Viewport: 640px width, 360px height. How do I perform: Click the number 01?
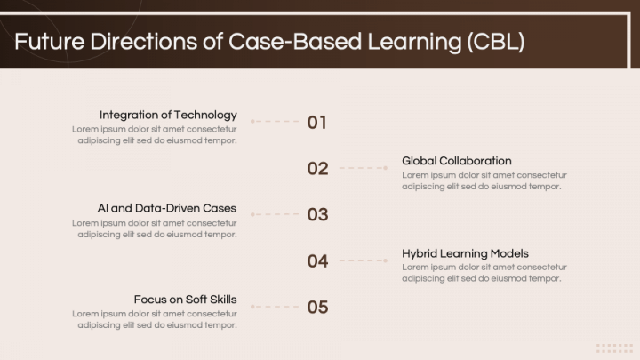pos(317,122)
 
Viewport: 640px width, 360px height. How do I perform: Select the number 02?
pos(317,168)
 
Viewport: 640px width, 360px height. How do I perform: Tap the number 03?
pos(317,214)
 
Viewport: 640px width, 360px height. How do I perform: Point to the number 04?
pos(317,260)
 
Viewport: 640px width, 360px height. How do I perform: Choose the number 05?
pos(317,307)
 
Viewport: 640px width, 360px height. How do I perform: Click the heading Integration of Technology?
pos(168,115)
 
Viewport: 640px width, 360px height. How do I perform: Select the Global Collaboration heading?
pos(456,161)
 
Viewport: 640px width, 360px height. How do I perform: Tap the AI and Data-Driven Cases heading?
pos(167,208)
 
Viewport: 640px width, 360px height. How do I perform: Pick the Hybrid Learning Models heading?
pos(465,253)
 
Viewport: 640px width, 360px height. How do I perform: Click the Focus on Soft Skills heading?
pos(185,300)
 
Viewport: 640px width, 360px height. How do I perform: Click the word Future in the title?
pos(46,42)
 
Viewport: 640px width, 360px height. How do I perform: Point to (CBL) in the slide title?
pos(494,42)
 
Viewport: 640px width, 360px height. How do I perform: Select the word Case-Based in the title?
pos(279,42)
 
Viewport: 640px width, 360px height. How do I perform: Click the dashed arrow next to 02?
pos(364,168)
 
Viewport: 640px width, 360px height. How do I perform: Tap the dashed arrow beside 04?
pos(364,260)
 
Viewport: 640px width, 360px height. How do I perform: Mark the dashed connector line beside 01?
pos(275,121)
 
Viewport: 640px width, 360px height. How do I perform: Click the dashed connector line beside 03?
pos(275,214)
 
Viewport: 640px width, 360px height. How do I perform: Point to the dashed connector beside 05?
pos(275,307)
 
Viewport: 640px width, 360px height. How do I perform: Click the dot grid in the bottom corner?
pos(614,348)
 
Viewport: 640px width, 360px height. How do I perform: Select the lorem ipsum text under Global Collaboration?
pos(484,180)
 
